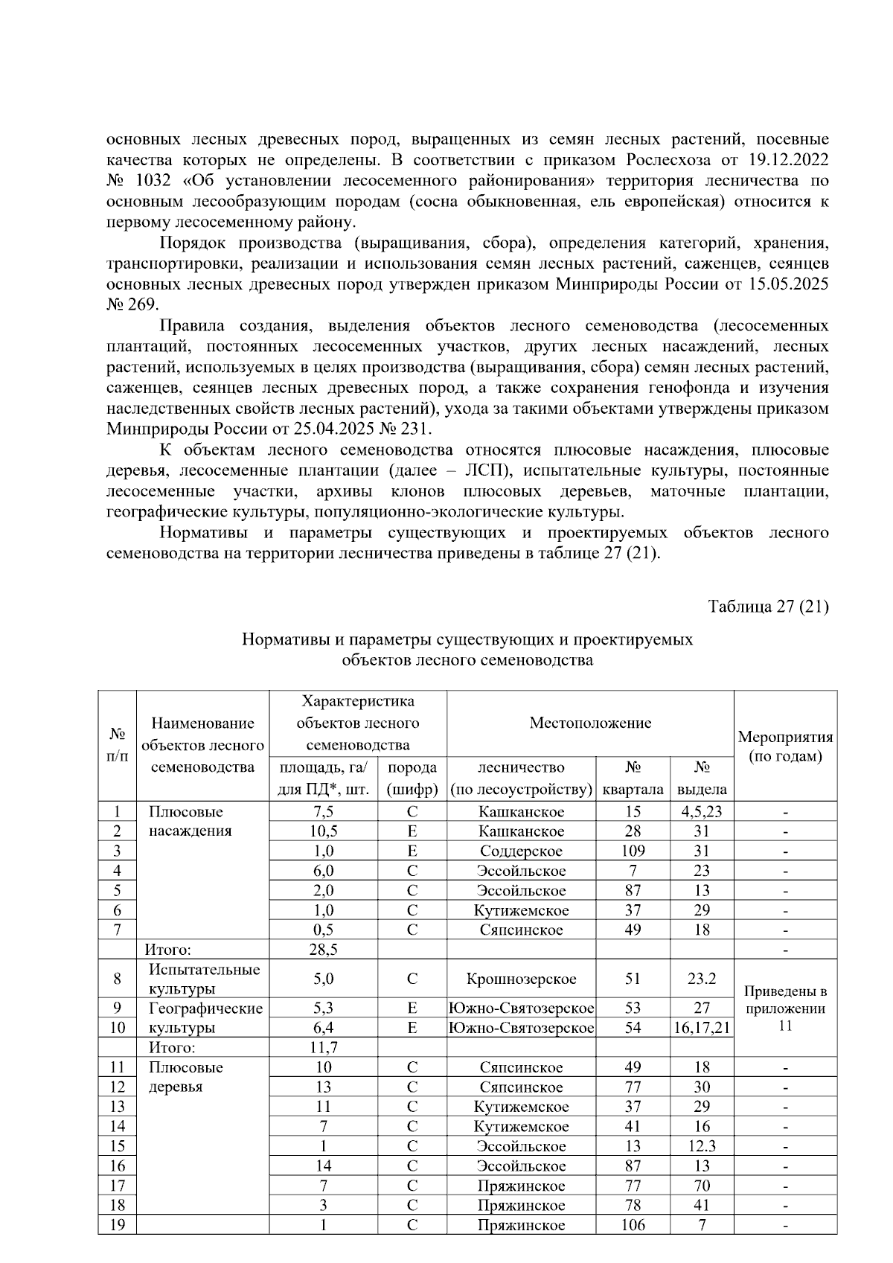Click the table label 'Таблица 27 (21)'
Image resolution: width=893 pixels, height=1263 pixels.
click(769, 607)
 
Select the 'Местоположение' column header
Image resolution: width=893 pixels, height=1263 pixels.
click(590, 723)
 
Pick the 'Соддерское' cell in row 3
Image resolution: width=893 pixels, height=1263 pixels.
click(521, 851)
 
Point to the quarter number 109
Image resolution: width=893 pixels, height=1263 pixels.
click(632, 851)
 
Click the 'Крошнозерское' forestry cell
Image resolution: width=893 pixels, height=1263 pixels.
click(521, 979)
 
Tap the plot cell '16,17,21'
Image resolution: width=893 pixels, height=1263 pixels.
click(701, 1028)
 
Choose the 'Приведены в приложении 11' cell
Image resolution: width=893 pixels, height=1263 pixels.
click(785, 1008)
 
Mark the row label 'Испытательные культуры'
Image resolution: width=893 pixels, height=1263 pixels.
click(204, 979)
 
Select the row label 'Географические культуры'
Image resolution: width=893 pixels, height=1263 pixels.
click(205, 1018)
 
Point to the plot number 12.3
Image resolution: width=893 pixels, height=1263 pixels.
click(701, 1146)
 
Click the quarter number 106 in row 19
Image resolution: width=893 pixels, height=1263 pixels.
click(632, 1225)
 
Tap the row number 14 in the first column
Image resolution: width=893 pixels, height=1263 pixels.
click(117, 1127)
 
